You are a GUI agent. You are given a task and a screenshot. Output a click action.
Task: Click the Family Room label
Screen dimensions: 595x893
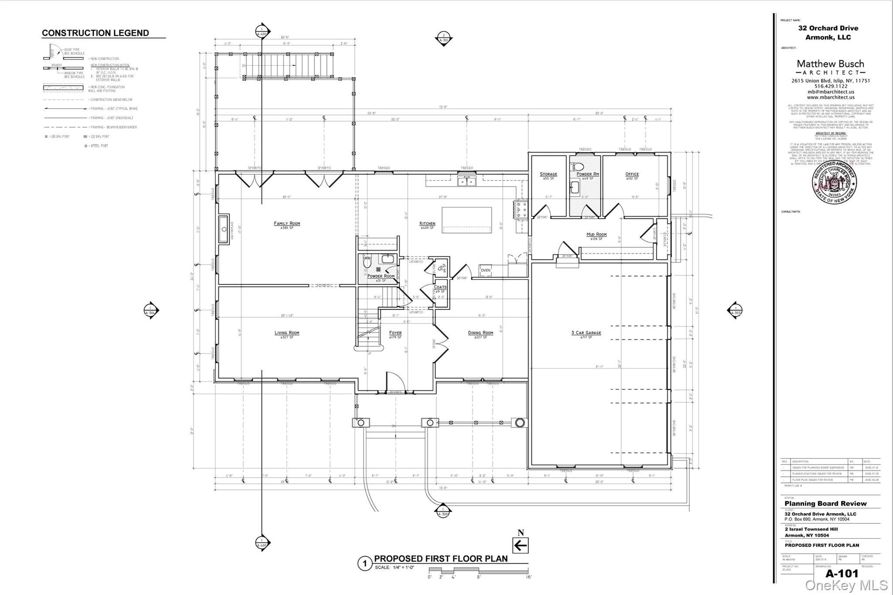tap(287, 224)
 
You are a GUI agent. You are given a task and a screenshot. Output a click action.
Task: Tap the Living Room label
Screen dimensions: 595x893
tap(287, 333)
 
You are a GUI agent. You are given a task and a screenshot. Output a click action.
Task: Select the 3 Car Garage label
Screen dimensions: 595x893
tap(586, 333)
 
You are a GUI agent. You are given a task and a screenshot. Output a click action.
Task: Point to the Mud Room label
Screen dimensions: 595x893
tap(596, 235)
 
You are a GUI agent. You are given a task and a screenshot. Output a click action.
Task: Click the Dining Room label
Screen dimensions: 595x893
tap(481, 333)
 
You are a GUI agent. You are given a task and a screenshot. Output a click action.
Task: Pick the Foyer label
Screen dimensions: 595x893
tap(395, 333)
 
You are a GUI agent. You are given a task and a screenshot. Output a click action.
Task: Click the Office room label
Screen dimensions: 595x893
tap(632, 174)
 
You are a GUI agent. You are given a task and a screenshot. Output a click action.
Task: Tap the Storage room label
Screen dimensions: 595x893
tap(548, 174)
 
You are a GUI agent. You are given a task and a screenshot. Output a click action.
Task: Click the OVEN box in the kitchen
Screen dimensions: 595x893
tap(485, 270)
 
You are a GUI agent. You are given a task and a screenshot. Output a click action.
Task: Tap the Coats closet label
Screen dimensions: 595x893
tap(440, 287)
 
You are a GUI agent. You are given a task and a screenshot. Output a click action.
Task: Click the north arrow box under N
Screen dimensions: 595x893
tap(520, 545)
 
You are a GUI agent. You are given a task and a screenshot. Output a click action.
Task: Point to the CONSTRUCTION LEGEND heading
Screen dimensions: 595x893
tap(95, 33)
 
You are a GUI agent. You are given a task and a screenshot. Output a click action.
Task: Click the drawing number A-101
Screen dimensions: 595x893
tap(842, 573)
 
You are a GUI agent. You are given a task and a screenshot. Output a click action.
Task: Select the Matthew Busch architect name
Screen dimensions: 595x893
tap(830, 64)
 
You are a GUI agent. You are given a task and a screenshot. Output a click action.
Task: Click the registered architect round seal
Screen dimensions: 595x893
tap(834, 182)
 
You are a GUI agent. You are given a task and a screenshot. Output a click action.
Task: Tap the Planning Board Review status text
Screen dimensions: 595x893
tap(825, 503)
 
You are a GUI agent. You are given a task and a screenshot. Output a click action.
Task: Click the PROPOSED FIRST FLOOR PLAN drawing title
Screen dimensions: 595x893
tap(441, 559)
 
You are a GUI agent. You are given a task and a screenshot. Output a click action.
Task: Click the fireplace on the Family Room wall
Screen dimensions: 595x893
tap(223, 229)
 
